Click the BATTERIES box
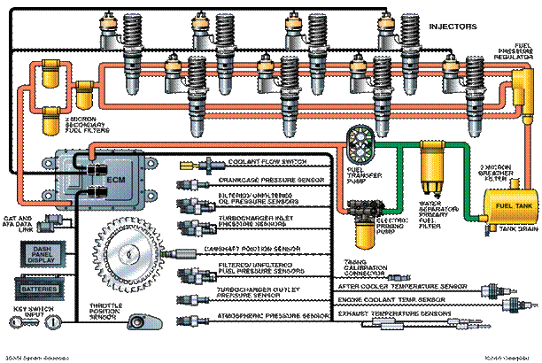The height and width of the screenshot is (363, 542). tap(44, 289)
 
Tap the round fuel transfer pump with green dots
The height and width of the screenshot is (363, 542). tap(361, 140)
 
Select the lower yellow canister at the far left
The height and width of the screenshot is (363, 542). tap(46, 116)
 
